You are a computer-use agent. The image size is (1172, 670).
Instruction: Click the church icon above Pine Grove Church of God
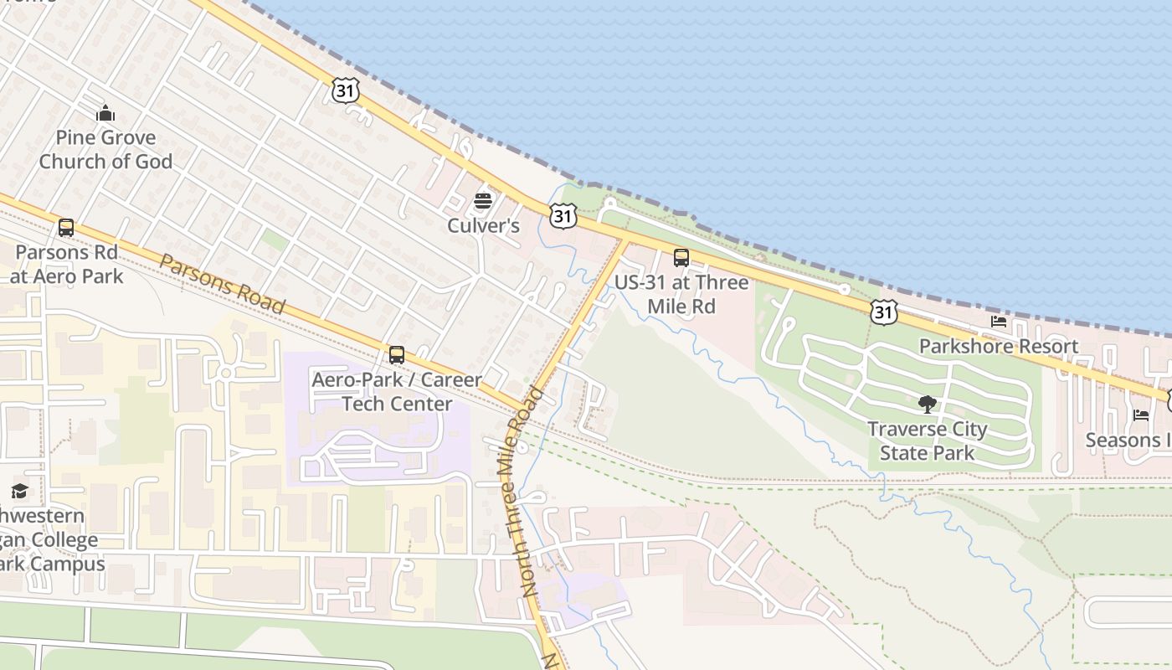coord(105,113)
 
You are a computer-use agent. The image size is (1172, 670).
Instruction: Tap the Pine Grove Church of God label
coord(105,150)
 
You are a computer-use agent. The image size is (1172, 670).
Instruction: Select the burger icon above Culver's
coord(483,201)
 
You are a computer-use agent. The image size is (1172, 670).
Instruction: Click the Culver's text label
coord(483,225)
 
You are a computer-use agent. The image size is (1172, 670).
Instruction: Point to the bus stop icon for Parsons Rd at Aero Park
coord(65,227)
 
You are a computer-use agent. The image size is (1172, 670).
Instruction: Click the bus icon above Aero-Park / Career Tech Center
coord(396,354)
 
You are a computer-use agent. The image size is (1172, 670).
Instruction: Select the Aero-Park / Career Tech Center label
coord(397,391)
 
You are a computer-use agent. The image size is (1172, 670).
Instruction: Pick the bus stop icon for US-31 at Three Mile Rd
coord(681,257)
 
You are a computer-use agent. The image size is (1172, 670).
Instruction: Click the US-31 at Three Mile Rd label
coord(681,294)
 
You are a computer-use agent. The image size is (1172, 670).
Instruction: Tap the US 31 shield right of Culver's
coord(563,216)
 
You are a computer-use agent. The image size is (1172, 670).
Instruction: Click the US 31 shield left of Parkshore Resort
coord(883,312)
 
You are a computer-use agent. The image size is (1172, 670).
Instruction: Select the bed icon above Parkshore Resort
coord(998,322)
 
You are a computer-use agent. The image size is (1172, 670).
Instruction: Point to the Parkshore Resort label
coord(998,346)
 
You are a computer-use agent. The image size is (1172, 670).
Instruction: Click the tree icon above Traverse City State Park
coord(927,405)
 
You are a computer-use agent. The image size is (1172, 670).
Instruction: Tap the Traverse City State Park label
coord(927,441)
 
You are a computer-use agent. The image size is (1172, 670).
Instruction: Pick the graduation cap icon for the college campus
coord(19,491)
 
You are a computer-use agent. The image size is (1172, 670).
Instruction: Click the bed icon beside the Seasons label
coord(1140,415)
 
